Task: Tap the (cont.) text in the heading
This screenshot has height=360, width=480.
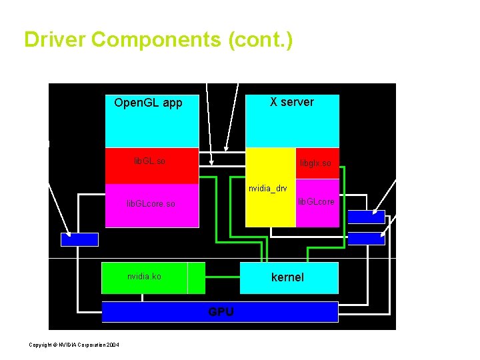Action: (260, 40)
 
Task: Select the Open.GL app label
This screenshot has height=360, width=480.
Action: (148, 103)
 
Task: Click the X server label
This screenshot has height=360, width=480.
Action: (291, 102)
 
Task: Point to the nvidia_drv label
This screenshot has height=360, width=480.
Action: (268, 189)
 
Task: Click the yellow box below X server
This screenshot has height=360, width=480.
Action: (270, 207)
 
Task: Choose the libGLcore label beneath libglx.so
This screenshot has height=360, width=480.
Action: (317, 201)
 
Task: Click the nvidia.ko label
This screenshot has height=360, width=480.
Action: (144, 277)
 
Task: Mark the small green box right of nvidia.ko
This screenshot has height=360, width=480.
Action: (196, 278)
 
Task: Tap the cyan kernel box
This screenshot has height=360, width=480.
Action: (288, 277)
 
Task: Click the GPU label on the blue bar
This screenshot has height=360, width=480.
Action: (221, 311)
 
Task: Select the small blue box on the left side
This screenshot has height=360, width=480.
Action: (79, 239)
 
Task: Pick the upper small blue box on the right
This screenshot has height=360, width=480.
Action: (366, 217)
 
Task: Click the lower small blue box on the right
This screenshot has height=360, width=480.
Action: (366, 239)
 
